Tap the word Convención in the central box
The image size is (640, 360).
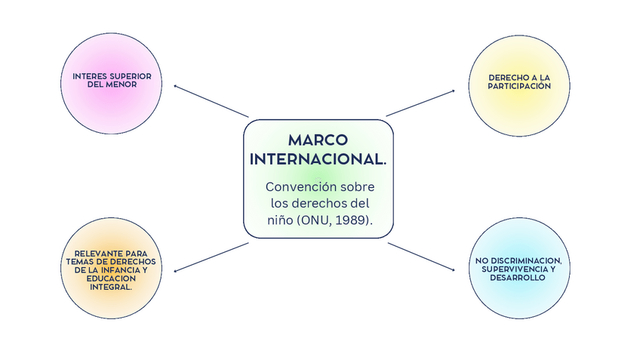point(299,186)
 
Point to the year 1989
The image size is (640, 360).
point(355,220)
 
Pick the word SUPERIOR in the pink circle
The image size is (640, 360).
point(131,76)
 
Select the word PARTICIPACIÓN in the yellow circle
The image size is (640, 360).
point(519,86)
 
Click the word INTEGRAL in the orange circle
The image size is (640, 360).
point(110,287)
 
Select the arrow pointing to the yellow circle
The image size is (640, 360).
point(420,103)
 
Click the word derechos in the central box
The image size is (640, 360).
point(328,203)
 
